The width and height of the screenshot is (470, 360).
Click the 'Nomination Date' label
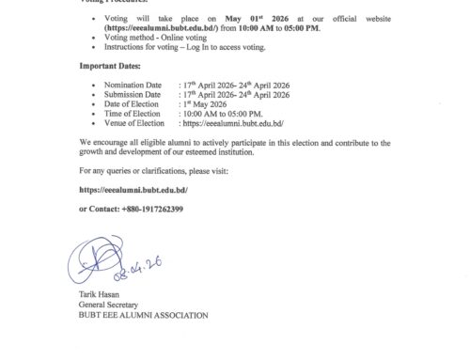125,85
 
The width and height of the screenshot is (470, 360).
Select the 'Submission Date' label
125,94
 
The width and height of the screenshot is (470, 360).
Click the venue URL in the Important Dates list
236,122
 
